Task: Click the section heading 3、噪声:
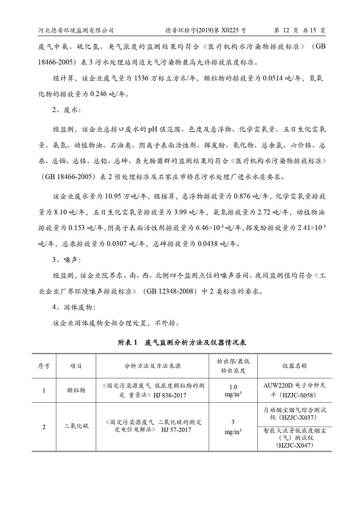(x=67, y=259)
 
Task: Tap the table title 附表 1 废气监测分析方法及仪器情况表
(x=180, y=342)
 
